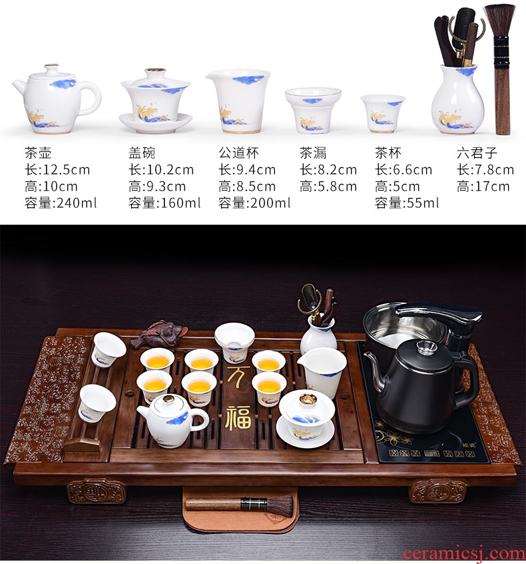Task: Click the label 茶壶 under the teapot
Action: (38, 153)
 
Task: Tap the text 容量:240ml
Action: (61, 203)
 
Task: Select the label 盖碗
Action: (142, 153)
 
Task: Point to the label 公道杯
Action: (239, 153)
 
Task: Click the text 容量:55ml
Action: (407, 203)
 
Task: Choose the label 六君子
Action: (477, 153)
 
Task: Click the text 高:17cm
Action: (483, 186)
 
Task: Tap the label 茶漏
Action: (314, 153)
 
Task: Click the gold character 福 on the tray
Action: (238, 418)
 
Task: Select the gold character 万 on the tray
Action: (238, 376)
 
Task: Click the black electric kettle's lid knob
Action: (427, 347)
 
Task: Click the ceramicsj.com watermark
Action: (463, 554)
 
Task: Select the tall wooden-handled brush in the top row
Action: (501, 69)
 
